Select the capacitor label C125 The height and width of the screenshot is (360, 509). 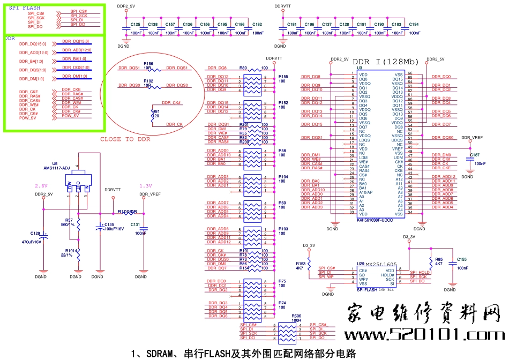coord(135,25)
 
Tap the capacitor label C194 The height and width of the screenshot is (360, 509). coord(414,25)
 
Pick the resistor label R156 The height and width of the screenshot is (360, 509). coord(148,64)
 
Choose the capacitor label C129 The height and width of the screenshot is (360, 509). coord(36,233)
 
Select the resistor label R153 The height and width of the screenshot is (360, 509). coord(301,263)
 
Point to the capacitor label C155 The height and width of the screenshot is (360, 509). coord(461,259)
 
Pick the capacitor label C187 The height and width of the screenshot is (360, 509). coord(475,155)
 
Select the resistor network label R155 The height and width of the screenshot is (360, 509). coord(283,77)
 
